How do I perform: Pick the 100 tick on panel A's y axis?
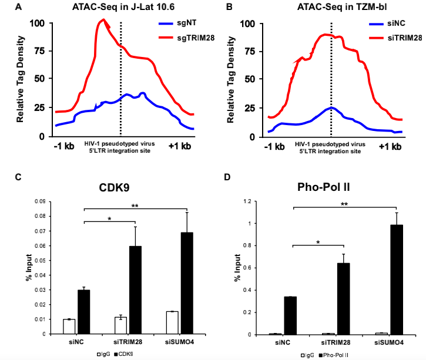click(x=36, y=23)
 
